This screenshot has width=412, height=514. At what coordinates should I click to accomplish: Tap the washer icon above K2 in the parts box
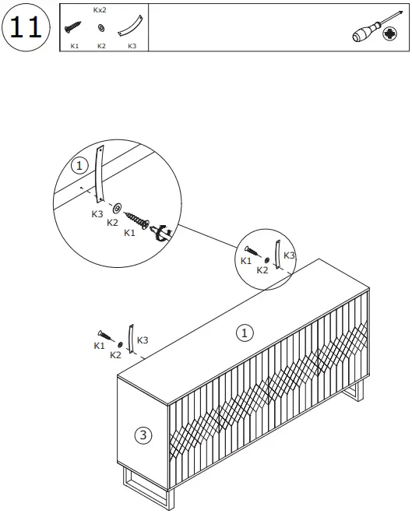pos(101,29)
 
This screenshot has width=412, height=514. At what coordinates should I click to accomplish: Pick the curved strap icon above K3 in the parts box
pos(127,28)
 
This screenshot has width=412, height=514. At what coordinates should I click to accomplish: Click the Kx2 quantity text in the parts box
pos(100,10)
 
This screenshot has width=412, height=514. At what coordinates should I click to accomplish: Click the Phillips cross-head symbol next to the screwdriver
pos(389,33)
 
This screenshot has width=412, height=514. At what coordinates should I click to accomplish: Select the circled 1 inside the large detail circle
pos(78,166)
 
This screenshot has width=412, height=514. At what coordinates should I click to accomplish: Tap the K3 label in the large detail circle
pos(98,213)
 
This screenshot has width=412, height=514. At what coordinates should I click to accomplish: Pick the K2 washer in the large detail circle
pos(117,209)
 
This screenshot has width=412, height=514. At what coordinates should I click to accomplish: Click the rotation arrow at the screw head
pos(164,232)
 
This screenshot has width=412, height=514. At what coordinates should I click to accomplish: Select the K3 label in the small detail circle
pos(289,255)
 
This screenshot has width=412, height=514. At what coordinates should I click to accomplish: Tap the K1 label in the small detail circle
pos(246,261)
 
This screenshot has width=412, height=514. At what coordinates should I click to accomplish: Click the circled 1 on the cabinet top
pos(245,333)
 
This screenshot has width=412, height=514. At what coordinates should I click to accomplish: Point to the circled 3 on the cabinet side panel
pos(143,435)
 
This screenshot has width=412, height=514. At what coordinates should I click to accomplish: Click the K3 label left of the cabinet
pos(143,340)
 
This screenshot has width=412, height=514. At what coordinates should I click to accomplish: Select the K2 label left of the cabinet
pos(115,354)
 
